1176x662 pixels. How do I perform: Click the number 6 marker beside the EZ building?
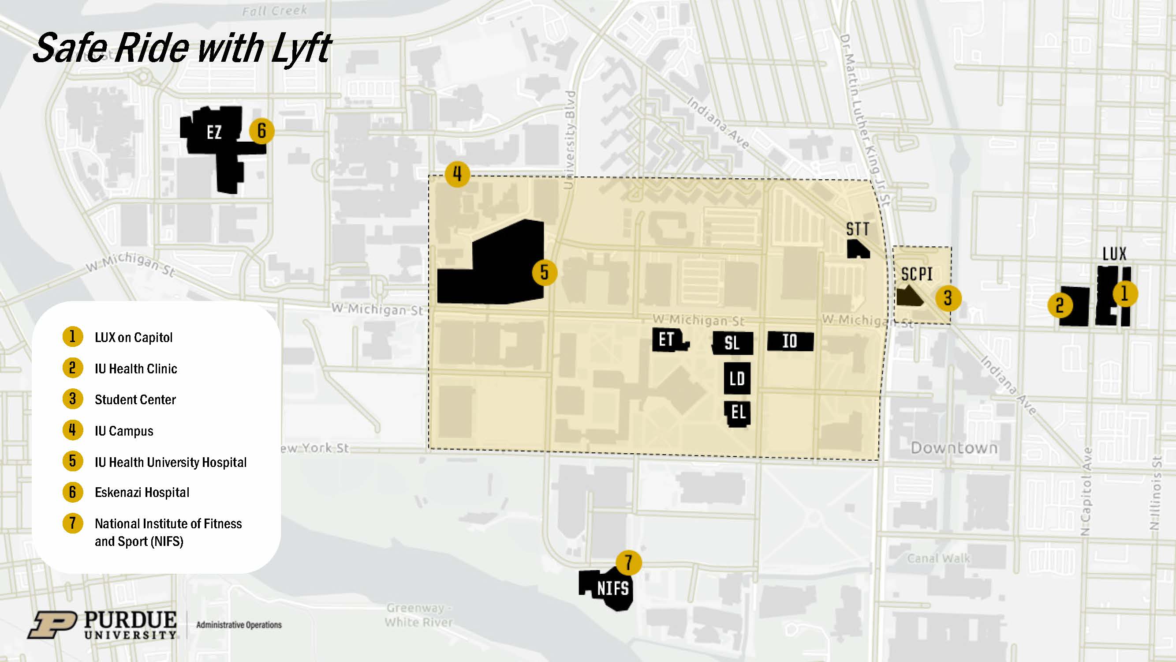(x=261, y=131)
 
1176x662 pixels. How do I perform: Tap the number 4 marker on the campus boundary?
(x=457, y=173)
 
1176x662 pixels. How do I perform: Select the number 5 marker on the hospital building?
(x=544, y=272)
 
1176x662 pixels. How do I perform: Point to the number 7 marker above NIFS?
(x=628, y=562)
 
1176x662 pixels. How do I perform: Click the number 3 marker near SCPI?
(x=948, y=298)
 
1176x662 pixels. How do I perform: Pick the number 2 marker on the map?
(x=1060, y=305)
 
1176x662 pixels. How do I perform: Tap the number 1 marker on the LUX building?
(x=1124, y=293)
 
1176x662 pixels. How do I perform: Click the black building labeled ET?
(x=668, y=339)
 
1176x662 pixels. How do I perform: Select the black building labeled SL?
(x=732, y=342)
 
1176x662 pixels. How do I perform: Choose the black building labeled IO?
(x=790, y=341)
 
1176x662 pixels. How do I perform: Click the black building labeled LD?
(x=737, y=378)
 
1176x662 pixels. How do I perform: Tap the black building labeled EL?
(x=738, y=413)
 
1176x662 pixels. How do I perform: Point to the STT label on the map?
(x=857, y=229)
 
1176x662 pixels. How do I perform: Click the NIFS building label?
(x=612, y=588)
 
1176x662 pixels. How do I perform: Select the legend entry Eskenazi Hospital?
(x=142, y=493)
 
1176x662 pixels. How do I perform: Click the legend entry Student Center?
(x=135, y=400)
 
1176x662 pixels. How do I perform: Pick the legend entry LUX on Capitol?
(x=133, y=338)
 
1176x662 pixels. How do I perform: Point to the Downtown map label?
(x=954, y=448)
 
